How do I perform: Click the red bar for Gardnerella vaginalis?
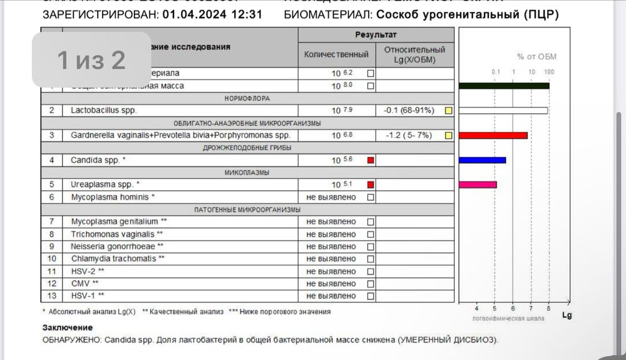coord(493,135)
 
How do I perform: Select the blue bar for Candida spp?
coord(482,160)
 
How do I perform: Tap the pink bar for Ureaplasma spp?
coord(478,184)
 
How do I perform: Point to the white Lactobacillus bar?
coord(503,111)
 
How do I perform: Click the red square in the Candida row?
coord(371,160)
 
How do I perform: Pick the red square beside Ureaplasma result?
coord(371,185)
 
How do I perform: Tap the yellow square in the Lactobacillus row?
coord(448,111)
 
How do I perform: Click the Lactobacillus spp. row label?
coord(104,110)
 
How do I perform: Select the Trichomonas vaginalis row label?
coord(112,234)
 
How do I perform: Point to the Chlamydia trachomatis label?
coord(118,258)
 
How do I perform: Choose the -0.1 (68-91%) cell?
coord(409,111)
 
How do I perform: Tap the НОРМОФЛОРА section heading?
coord(250,98)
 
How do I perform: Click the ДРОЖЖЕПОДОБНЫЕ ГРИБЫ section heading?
coord(250,148)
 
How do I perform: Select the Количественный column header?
coord(336,54)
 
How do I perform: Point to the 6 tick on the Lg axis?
coord(513,308)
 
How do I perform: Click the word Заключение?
coord(68,327)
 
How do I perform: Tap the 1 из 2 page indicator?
coord(91,60)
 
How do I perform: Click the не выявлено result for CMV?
coord(331,283)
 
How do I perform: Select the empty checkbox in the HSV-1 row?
coord(371,296)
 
